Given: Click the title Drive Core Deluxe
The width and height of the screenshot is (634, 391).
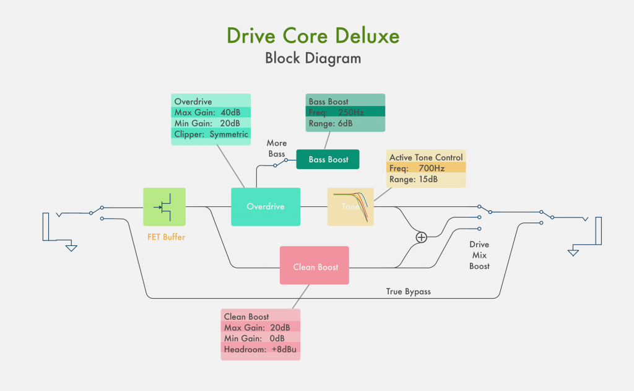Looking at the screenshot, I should (313, 35).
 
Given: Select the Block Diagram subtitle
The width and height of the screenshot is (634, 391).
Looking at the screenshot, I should (313, 58).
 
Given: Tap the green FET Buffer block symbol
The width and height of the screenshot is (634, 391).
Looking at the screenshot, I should (164, 207).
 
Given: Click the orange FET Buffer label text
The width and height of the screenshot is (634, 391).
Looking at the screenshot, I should (166, 237).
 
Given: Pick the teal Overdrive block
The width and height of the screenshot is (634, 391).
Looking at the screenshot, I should (266, 206).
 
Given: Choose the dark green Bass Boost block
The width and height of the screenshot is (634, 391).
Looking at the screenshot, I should (328, 159).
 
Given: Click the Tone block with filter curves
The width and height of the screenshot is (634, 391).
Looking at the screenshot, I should (350, 206).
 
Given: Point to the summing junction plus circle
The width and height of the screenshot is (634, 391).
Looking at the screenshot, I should (422, 237).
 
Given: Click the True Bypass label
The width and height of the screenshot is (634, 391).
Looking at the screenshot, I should (408, 291).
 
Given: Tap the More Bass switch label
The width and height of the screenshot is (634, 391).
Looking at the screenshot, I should (277, 148).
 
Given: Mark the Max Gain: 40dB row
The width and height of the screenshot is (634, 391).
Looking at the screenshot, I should (211, 112).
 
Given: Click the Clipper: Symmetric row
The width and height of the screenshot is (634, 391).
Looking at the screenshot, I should (211, 134).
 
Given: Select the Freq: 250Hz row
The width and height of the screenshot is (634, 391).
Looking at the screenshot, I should (345, 112).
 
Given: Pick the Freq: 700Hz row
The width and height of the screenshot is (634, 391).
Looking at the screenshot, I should (426, 169).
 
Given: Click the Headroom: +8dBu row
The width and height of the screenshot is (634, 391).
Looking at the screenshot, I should (261, 349).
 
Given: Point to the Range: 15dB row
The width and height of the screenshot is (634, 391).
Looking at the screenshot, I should (426, 180).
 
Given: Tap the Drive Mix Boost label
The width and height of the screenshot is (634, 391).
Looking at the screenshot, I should (479, 255).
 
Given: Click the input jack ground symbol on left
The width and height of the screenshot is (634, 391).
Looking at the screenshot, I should (71, 247).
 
